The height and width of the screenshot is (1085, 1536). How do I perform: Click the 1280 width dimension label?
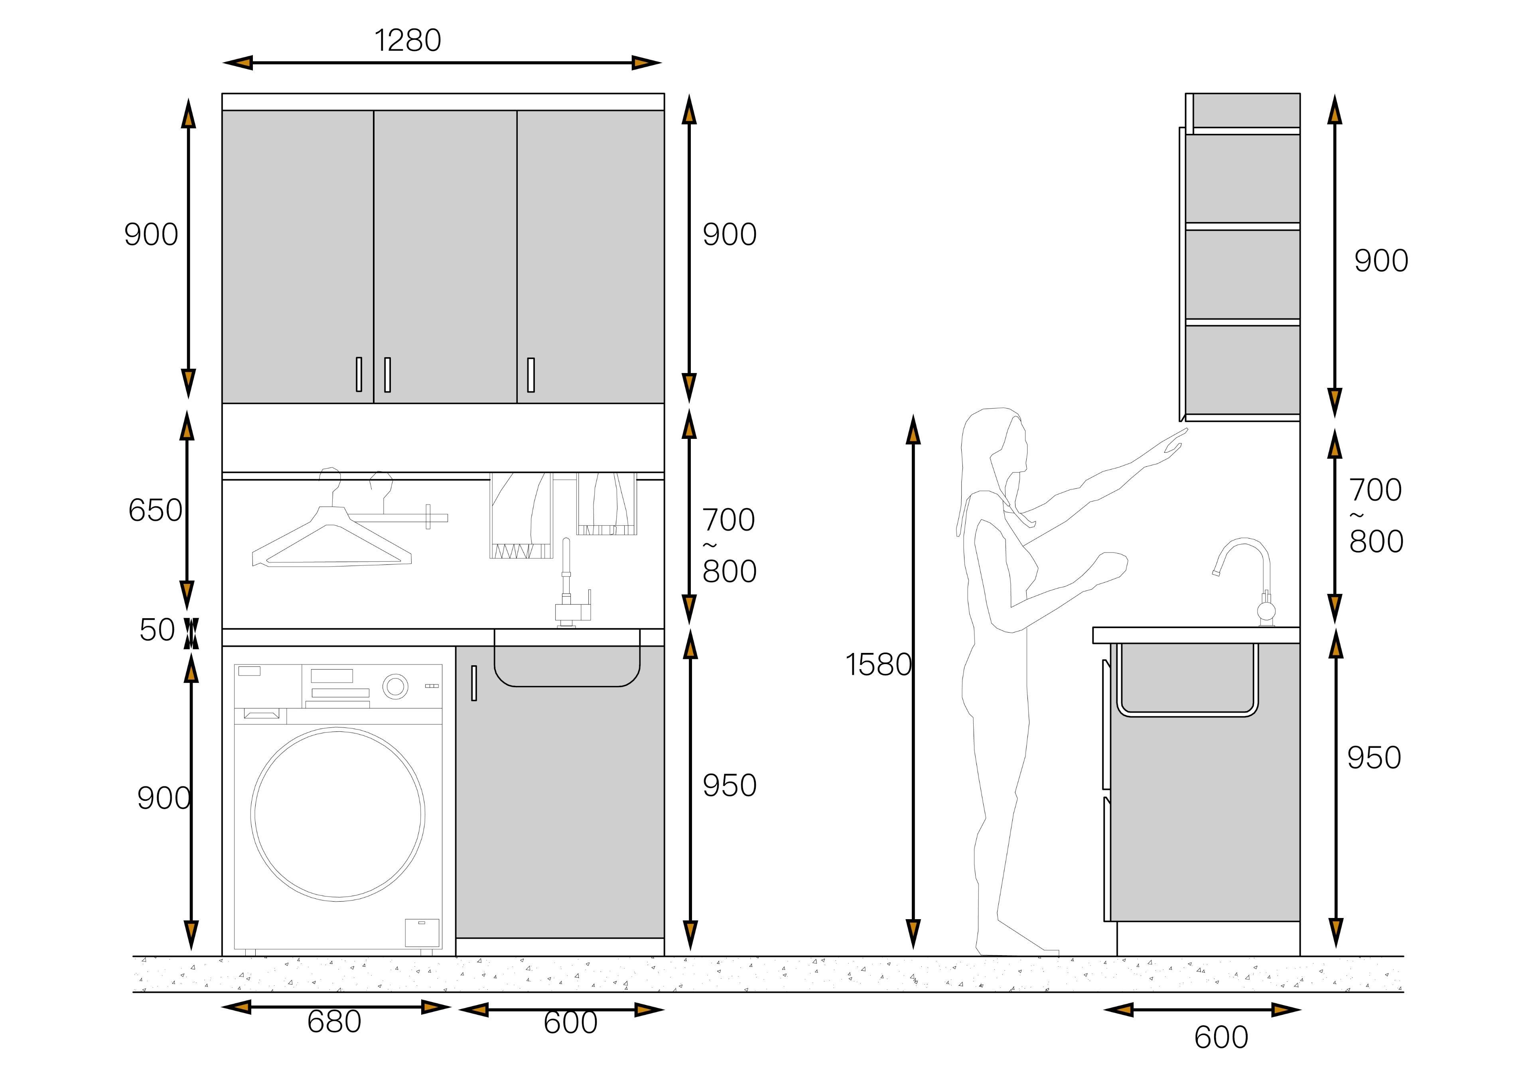coord(407,40)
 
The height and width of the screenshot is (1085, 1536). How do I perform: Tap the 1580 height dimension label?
coord(878,664)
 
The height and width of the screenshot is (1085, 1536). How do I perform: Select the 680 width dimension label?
coord(334,1022)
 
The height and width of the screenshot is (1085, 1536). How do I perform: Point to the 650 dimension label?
coord(155,510)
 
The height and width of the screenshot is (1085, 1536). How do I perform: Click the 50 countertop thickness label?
coord(157,630)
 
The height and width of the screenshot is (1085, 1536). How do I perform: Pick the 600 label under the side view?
coord(1221,1038)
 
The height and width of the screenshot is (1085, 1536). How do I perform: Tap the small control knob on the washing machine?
coord(395,686)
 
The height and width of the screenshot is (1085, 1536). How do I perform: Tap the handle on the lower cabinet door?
coord(474,683)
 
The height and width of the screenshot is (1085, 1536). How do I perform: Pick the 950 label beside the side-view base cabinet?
coord(1374,757)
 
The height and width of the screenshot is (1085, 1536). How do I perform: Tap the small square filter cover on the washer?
coord(422,933)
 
